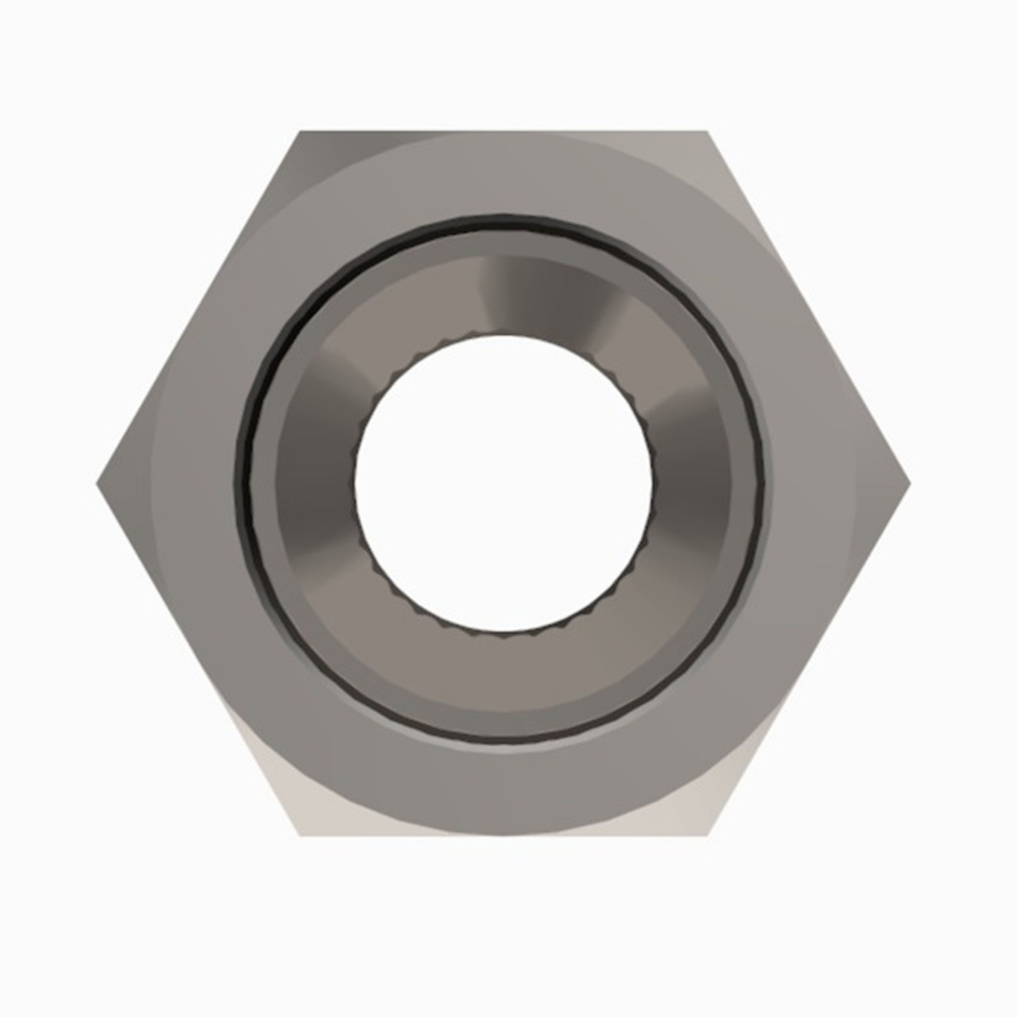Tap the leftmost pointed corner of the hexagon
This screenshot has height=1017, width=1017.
(98, 483)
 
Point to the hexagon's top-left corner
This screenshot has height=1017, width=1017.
(301, 132)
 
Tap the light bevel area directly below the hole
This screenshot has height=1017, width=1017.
(503, 674)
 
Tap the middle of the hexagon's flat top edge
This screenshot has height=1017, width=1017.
(503, 133)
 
